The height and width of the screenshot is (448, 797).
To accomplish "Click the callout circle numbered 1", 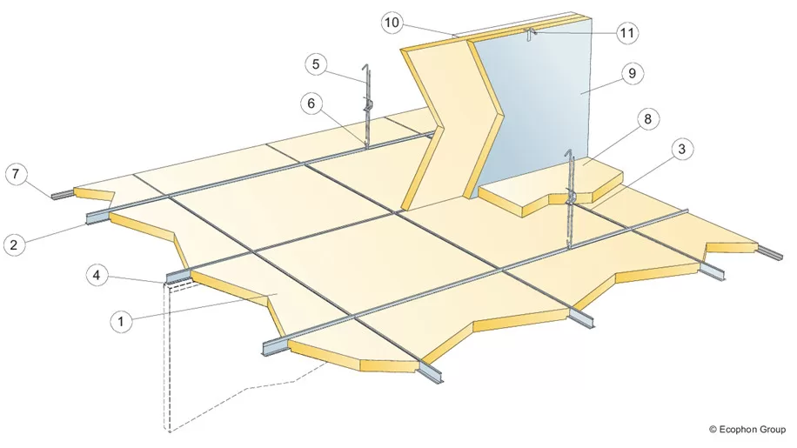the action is [120, 321].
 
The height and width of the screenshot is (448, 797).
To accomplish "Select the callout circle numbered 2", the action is [14, 244].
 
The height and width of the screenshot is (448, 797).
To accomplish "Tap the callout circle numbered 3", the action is [681, 149].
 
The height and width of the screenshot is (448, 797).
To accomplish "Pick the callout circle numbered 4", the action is [97, 275].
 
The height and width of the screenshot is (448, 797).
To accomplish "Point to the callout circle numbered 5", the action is [316, 64].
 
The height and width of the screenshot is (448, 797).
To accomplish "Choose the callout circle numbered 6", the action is [311, 104].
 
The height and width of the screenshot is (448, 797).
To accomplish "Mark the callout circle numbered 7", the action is [16, 174].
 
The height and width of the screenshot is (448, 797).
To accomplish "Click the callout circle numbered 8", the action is [647, 119].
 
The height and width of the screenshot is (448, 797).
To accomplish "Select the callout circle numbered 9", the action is [632, 74].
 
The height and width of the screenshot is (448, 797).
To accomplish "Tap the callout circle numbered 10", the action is [392, 23].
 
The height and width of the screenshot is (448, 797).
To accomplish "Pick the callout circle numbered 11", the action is [627, 33].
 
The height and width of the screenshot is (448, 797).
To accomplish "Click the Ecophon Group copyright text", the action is [747, 430].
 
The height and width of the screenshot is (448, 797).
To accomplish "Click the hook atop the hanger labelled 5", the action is [364, 70].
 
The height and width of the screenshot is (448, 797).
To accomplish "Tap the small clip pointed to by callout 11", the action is [530, 35].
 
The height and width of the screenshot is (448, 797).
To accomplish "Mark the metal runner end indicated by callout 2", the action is [97, 217].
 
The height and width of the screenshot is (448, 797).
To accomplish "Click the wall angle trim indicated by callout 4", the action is [177, 277].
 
